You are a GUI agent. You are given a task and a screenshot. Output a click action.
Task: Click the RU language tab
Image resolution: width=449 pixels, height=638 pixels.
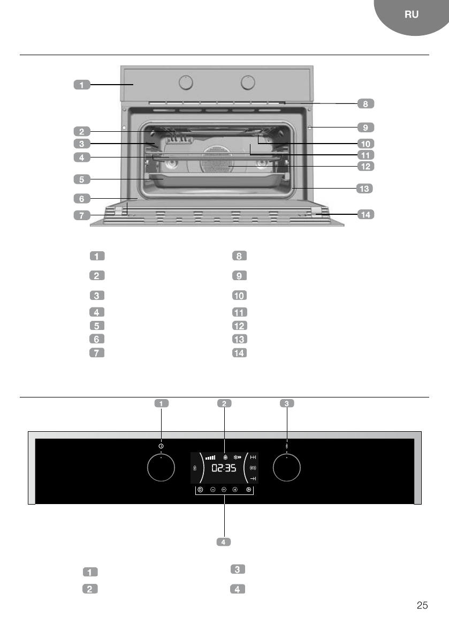pyautogui.click(x=411, y=14)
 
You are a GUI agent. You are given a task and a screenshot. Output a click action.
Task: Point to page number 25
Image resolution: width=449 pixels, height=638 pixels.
pyautogui.click(x=422, y=605)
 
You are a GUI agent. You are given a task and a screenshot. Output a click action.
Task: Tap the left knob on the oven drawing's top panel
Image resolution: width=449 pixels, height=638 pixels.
pyautogui.click(x=186, y=82)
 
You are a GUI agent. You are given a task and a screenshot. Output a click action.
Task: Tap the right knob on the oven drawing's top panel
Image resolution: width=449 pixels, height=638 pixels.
pyautogui.click(x=247, y=82)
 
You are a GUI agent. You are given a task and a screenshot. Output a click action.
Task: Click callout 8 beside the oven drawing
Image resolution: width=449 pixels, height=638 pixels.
pyautogui.click(x=366, y=104)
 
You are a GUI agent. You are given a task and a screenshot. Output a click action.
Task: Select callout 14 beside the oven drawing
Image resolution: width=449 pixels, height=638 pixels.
pyautogui.click(x=366, y=214)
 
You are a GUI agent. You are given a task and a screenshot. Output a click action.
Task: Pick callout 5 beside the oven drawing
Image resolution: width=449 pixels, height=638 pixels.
pyautogui.click(x=82, y=179)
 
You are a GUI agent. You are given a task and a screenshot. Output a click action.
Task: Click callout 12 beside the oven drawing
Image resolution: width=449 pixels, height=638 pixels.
pyautogui.click(x=366, y=166)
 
